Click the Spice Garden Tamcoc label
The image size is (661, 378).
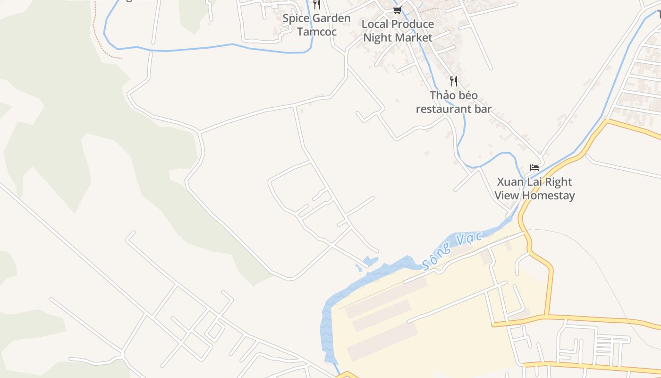click(316, 25)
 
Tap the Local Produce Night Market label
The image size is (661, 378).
click(398, 31)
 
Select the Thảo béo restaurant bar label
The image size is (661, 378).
click(453, 102)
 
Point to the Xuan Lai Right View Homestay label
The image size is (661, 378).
click(534, 189)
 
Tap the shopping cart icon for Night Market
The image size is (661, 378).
click(397, 10)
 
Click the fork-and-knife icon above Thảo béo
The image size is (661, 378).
click(453, 81)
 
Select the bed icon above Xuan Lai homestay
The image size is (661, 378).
click(534, 168)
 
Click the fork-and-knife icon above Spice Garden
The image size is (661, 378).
click(317, 5)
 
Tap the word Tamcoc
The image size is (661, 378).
click(316, 32)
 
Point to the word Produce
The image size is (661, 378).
click(410, 24)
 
